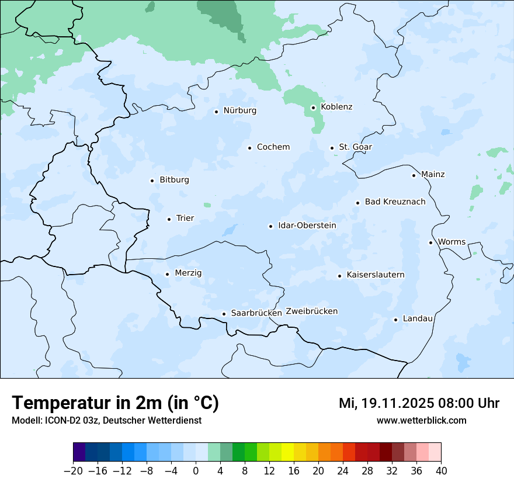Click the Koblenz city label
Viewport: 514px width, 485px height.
point(336,107)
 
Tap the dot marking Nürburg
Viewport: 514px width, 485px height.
point(216,111)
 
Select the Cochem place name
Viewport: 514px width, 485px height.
point(273,147)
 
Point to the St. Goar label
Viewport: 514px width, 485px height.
point(355,147)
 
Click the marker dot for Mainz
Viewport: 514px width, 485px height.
point(414,175)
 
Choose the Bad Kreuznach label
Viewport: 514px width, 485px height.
point(395,202)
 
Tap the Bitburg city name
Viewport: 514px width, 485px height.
point(174,180)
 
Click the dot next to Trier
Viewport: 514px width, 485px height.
point(169,219)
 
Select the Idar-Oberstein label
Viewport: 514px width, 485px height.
point(307,226)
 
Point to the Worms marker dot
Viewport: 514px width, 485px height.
point(430,243)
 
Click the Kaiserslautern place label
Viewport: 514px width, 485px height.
point(375,275)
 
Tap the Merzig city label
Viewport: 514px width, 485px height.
point(188,273)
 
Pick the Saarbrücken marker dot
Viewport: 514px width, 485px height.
point(224,314)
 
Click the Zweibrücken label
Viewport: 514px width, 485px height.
point(311,311)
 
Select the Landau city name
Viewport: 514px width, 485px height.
point(418,319)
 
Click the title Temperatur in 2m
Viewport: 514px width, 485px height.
point(115,403)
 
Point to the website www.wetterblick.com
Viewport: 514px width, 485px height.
point(421,420)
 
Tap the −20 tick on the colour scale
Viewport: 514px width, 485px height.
point(73,471)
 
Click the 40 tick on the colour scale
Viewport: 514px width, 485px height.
point(441,471)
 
